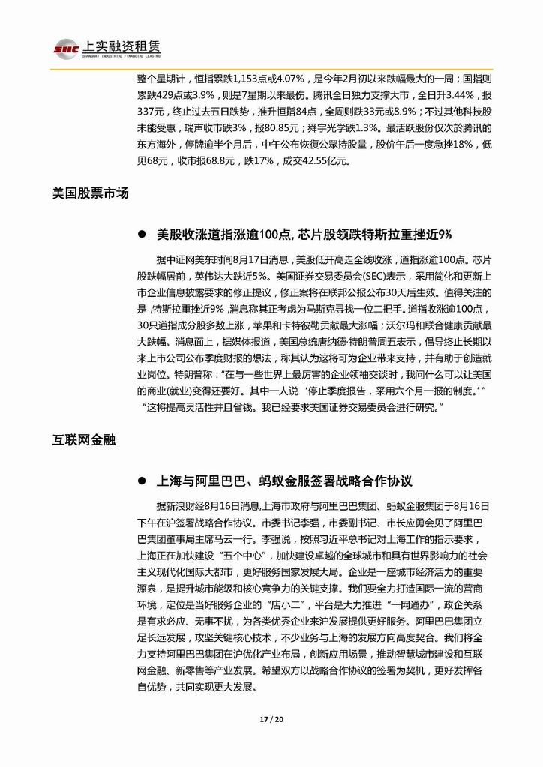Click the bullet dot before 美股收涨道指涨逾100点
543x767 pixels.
coord(141,235)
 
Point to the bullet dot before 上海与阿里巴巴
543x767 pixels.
coord(141,480)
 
